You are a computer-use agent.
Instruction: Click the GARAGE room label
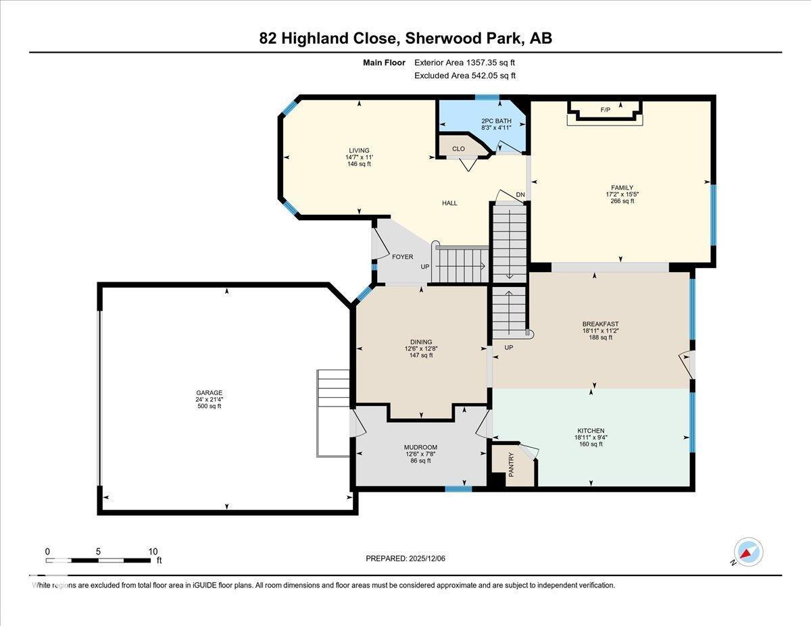[x=209, y=392]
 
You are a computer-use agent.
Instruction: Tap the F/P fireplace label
[x=605, y=109]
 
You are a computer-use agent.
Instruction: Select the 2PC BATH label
[x=496, y=121]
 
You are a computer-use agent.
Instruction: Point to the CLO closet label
[x=458, y=149]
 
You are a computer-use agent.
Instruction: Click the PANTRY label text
[x=512, y=466]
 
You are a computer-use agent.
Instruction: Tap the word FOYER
[x=402, y=257]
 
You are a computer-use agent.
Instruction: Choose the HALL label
[x=449, y=203]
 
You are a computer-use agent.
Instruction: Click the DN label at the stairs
[x=520, y=195]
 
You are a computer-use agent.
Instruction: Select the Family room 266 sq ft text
[x=622, y=201]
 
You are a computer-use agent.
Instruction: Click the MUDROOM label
[x=420, y=447]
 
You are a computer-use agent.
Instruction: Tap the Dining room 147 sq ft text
[x=420, y=355]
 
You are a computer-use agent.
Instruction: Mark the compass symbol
[x=748, y=552]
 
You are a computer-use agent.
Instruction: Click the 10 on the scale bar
[x=153, y=551]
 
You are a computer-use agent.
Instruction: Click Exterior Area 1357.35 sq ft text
[x=469, y=63]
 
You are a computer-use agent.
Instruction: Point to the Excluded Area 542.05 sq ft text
[x=465, y=76]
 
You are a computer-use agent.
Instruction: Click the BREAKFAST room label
[x=600, y=324]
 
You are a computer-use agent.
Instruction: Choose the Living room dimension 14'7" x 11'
[x=359, y=157]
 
